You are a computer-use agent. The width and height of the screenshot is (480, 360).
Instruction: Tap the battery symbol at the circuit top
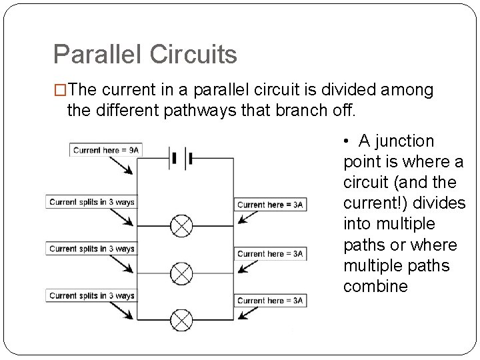click(x=181, y=159)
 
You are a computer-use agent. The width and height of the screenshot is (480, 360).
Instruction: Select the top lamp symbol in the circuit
click(x=181, y=226)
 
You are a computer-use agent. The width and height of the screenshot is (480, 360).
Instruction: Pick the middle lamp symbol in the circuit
click(x=181, y=272)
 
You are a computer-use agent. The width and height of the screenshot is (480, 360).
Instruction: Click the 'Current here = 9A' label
click(x=107, y=150)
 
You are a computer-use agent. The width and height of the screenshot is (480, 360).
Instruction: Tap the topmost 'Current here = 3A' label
click(x=270, y=205)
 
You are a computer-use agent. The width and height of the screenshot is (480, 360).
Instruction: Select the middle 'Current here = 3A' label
click(x=270, y=253)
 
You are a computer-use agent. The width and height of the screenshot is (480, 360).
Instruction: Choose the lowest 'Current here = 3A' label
click(x=270, y=301)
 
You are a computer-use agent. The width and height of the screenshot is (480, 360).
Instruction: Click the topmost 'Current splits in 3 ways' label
click(x=91, y=202)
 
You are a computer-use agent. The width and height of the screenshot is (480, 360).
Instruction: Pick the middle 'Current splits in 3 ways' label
click(x=91, y=249)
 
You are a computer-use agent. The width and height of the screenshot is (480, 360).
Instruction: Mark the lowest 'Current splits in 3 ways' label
click(x=91, y=295)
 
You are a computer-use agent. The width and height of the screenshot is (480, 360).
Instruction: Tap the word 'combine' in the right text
click(x=375, y=287)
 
